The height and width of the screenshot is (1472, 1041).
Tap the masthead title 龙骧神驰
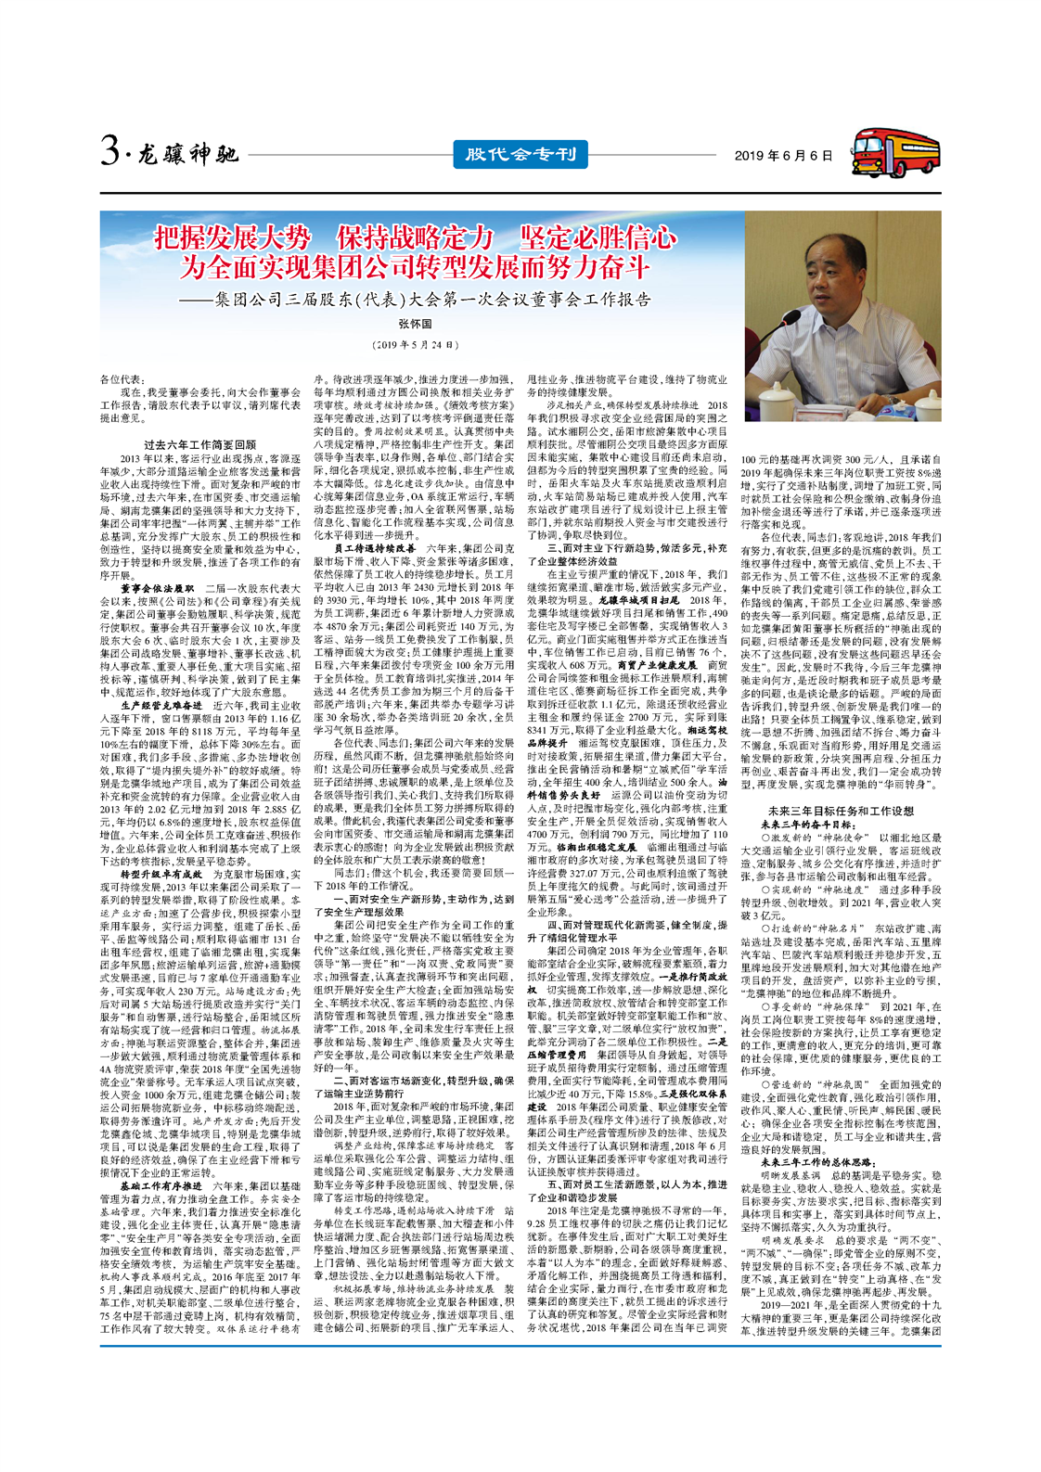189,154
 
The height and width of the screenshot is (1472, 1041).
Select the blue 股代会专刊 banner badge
520,154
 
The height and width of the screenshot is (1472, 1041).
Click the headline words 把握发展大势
232,237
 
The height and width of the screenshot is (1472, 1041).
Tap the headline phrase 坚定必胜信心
598,237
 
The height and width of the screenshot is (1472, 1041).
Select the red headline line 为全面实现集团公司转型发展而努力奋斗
415,268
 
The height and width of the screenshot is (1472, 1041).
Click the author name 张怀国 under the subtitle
415,324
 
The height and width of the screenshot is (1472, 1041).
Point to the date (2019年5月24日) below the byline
415,345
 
